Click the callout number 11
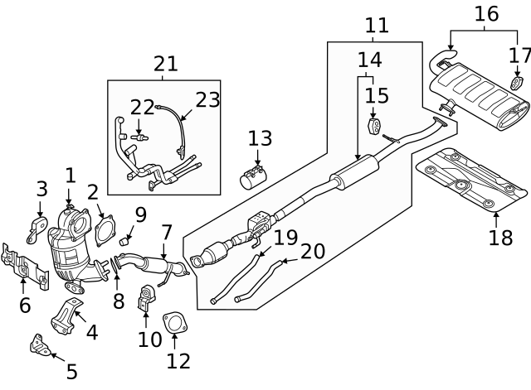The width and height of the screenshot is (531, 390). pos(376,25)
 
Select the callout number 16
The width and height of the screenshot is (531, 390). pos(486,13)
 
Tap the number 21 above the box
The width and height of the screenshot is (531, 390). pos(165,63)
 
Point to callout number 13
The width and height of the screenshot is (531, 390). pos(259,137)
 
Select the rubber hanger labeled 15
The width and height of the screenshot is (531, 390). pos(374,128)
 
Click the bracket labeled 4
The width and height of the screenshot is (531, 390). pos(66,315)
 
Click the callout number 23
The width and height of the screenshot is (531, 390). pos(207,100)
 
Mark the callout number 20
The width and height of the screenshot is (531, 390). pos(312,252)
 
